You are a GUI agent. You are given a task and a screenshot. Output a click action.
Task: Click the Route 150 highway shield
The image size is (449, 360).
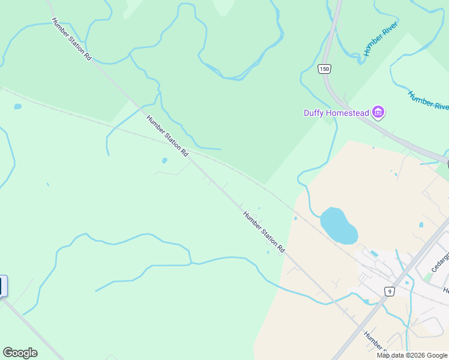(x=324, y=69)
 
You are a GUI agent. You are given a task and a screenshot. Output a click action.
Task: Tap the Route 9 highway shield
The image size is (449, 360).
(x=390, y=292)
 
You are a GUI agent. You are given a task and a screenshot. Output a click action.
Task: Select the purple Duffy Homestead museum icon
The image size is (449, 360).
(x=378, y=112)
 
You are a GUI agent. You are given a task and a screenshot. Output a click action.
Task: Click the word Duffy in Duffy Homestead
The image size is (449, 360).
(x=315, y=113)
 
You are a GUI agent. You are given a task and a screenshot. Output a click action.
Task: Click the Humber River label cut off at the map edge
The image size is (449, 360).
(x=429, y=100)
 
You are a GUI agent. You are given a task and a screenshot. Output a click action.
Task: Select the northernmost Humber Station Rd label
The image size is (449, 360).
(x=71, y=39)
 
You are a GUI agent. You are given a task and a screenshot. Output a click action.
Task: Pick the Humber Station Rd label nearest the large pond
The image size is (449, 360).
(x=264, y=231)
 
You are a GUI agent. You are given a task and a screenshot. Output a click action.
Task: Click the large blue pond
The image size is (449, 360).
(x=339, y=226)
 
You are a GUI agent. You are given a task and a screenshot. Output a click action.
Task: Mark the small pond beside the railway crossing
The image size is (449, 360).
(x=164, y=161)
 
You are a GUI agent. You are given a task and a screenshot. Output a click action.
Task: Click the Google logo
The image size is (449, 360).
(x=20, y=353)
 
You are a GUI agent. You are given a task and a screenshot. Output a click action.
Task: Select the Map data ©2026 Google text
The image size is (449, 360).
(x=412, y=355)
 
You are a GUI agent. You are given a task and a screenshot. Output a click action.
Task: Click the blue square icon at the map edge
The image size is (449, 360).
(x=2, y=286)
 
